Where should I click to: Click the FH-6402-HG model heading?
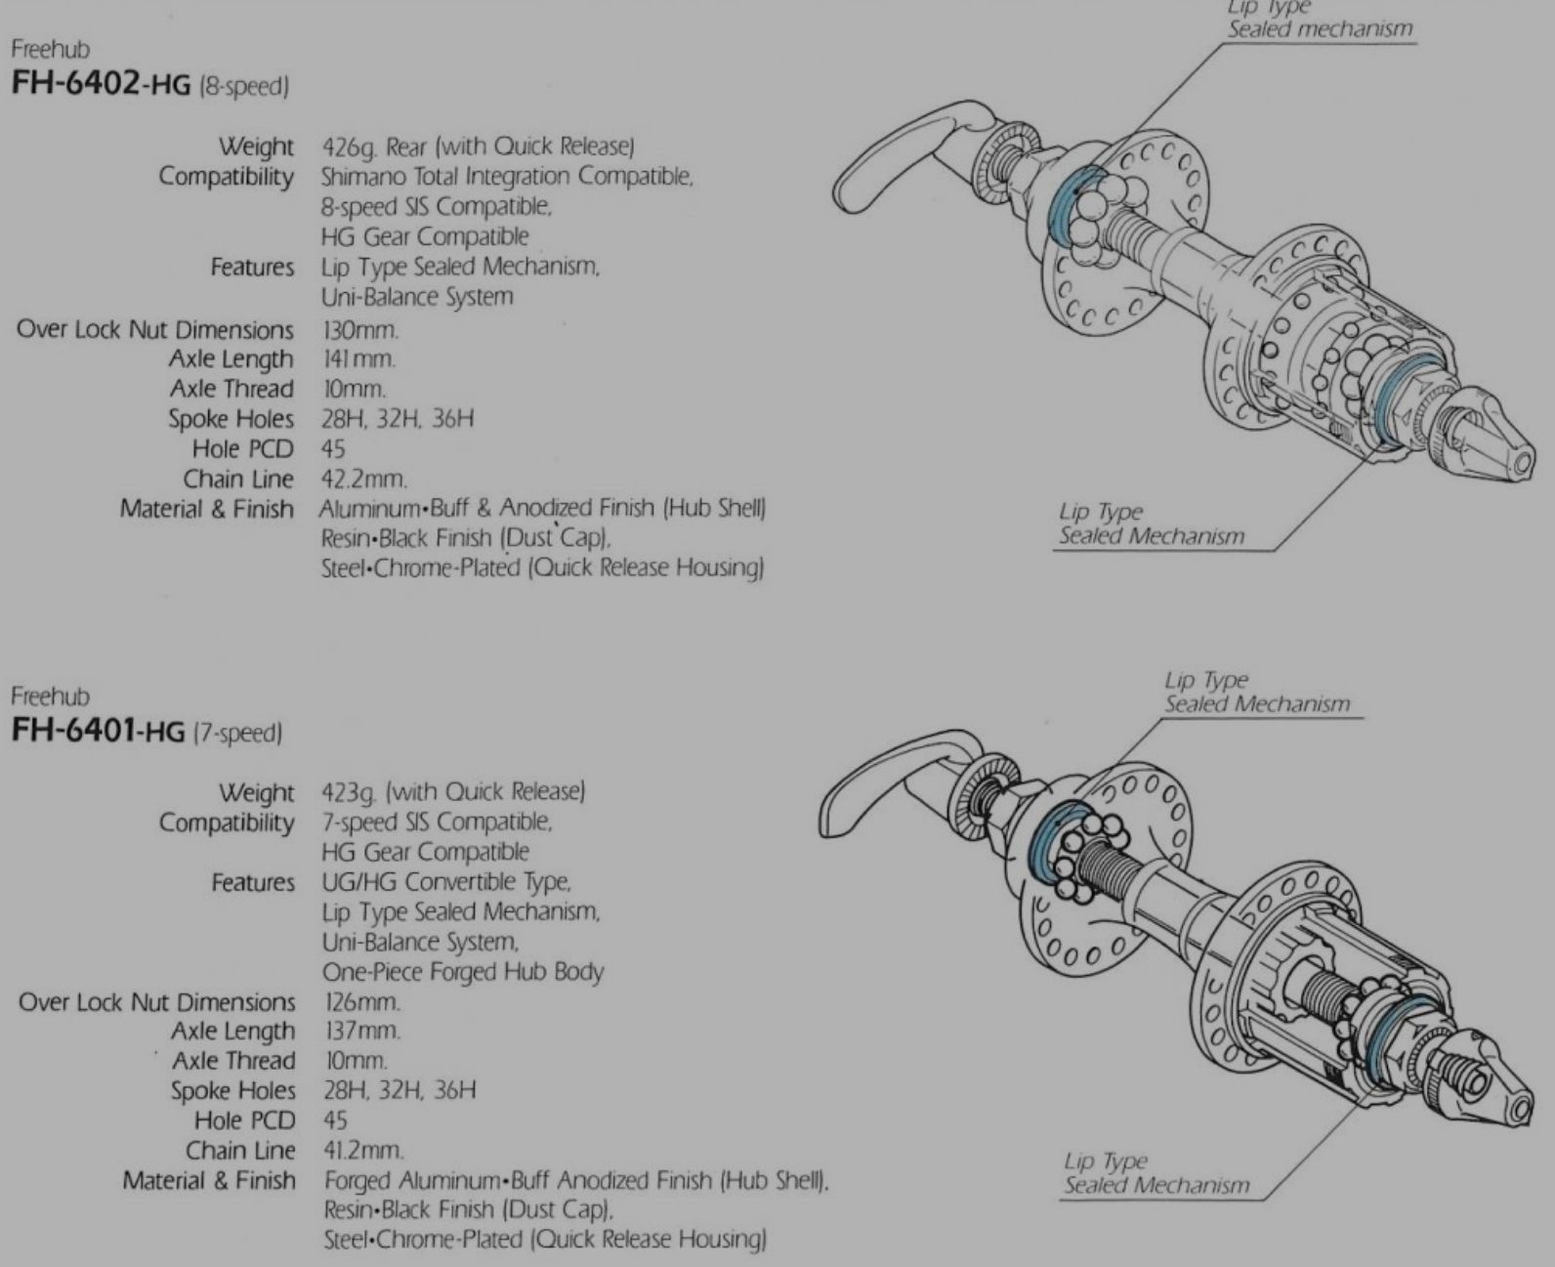[x=149, y=84]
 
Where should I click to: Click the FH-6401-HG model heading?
[x=146, y=731]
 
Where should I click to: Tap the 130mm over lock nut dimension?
[x=359, y=330]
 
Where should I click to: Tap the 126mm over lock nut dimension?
[x=362, y=1002]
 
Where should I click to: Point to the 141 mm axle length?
[x=358, y=359]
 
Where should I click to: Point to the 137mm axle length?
[x=362, y=1032]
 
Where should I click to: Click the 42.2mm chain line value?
[x=364, y=479]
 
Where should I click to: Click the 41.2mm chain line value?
[x=363, y=1151]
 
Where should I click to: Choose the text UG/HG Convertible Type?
[x=446, y=883]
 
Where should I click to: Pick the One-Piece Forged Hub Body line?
[x=463, y=973]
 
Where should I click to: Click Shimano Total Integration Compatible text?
[x=507, y=177]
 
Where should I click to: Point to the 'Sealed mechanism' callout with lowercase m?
[x=1320, y=29]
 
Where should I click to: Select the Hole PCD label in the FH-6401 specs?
[x=244, y=1120]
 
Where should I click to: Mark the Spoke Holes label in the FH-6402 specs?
[x=231, y=419]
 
